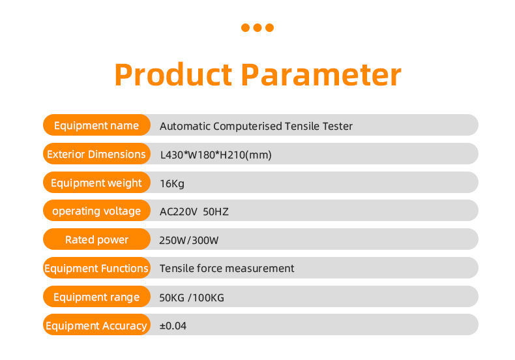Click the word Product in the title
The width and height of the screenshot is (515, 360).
tap(173, 74)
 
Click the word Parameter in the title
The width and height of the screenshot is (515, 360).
tap(321, 74)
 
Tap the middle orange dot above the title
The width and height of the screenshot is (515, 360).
tap(257, 27)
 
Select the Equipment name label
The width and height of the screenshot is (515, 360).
tap(96, 125)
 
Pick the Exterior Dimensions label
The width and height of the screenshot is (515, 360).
tap(96, 154)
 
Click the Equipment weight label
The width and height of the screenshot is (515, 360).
tap(96, 183)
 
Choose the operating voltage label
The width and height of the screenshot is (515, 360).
tap(96, 211)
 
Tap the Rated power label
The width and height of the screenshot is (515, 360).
tap(96, 240)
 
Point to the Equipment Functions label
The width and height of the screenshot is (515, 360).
tap(96, 268)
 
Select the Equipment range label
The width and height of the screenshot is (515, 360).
tap(96, 297)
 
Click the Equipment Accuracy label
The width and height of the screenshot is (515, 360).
tap(96, 326)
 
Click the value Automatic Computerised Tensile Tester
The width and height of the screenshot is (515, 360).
tap(256, 126)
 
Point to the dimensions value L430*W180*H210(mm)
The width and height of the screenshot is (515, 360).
tap(216, 155)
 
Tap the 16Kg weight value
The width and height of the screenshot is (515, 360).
tap(172, 184)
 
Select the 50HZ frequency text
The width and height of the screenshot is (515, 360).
tap(216, 212)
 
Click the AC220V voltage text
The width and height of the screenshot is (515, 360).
tap(179, 212)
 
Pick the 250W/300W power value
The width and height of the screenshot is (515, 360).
tap(189, 241)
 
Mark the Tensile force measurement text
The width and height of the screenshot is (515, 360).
tap(227, 268)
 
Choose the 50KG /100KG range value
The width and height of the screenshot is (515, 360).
tap(192, 298)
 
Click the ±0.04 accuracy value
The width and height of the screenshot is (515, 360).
tap(173, 326)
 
